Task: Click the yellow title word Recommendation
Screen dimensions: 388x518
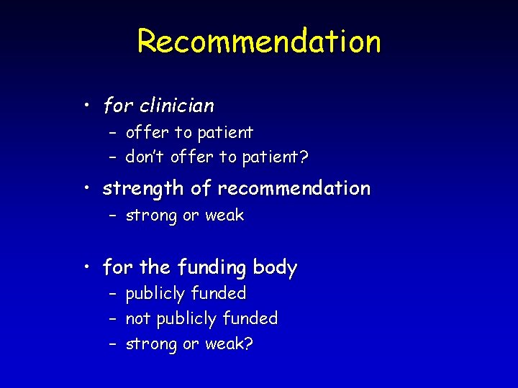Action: (259, 41)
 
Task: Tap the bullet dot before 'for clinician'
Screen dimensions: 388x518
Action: (86, 106)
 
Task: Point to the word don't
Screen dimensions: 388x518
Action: (145, 157)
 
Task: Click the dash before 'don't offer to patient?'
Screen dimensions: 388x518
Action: (113, 157)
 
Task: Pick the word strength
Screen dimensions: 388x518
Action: (144, 189)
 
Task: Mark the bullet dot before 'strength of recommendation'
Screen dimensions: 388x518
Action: (86, 189)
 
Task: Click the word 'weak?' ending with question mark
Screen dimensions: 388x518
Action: (228, 344)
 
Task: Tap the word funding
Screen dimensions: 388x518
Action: (212, 268)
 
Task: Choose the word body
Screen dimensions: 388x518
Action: (275, 268)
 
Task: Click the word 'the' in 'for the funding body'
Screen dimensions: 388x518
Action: (154, 268)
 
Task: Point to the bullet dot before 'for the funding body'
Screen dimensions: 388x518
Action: (86, 268)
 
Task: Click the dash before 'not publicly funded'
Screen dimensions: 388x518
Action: (113, 318)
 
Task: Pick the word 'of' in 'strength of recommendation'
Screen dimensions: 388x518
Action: (201, 189)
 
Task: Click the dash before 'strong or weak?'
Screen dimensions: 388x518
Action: (113, 344)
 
